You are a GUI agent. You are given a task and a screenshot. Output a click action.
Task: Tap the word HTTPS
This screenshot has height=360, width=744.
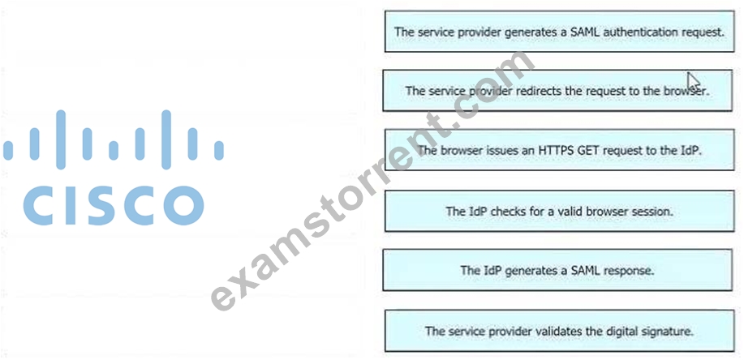(x=556, y=150)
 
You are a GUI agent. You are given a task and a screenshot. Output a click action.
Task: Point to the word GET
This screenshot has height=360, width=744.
(x=588, y=150)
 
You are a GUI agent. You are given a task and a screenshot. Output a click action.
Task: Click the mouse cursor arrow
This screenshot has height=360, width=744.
(x=694, y=81)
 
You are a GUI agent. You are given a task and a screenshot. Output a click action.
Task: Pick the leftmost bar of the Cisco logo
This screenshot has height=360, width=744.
(x=7, y=150)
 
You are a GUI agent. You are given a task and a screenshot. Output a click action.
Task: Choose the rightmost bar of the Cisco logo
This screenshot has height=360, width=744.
(x=219, y=150)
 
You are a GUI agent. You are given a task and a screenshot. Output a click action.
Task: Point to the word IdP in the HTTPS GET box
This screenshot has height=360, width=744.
(x=691, y=150)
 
